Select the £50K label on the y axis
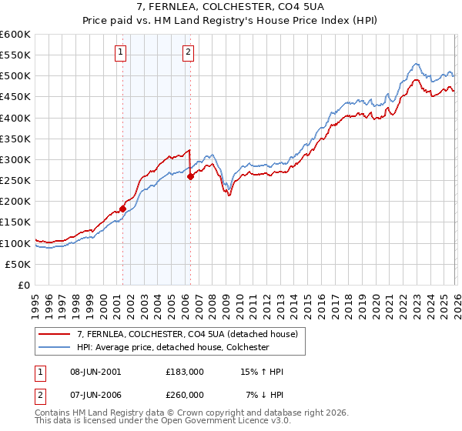click(x=17, y=264)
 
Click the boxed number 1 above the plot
click(x=122, y=52)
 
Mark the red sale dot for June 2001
click(x=122, y=209)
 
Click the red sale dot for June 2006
click(x=190, y=176)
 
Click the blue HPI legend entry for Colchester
click(x=172, y=347)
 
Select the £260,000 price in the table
click(x=185, y=394)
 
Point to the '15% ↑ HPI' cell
click(x=262, y=372)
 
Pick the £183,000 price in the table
click(x=185, y=372)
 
